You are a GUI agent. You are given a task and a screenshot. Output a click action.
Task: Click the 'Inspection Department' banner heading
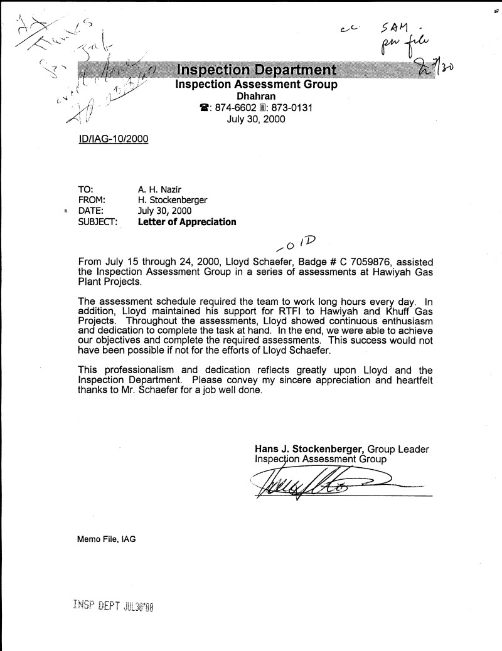tap(255, 69)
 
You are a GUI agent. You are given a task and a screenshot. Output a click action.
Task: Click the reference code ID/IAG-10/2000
tap(111, 139)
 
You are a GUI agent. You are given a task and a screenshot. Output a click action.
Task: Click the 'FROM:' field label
tap(92, 200)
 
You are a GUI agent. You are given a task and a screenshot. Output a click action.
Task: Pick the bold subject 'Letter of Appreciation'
tap(187, 222)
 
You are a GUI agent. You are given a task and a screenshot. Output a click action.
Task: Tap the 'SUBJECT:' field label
tap(97, 222)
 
